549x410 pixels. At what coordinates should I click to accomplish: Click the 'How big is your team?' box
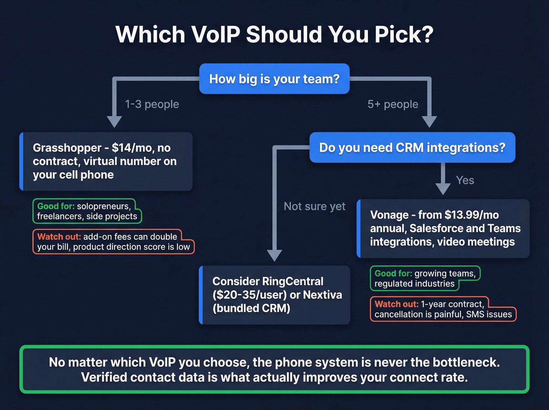click(x=274, y=79)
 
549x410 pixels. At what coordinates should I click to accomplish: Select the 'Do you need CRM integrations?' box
click(x=412, y=148)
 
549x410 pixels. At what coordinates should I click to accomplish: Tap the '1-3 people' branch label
click(x=152, y=104)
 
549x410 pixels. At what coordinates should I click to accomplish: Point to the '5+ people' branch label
click(x=393, y=104)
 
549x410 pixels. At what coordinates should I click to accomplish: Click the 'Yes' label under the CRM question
click(x=465, y=180)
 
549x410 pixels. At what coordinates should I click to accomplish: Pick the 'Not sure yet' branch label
click(x=314, y=206)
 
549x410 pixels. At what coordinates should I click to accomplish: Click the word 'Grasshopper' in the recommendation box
click(x=67, y=148)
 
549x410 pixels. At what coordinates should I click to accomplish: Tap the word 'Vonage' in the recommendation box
click(x=389, y=215)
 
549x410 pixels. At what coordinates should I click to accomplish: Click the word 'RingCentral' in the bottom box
click(x=293, y=281)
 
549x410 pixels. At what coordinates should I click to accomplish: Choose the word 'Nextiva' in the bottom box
click(x=322, y=295)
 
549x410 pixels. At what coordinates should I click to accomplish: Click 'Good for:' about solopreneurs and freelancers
click(x=56, y=206)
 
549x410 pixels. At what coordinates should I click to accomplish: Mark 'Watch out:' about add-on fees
click(x=59, y=237)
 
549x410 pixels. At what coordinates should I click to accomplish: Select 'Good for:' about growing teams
click(x=393, y=273)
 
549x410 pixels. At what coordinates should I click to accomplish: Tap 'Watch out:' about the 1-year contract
click(x=396, y=304)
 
